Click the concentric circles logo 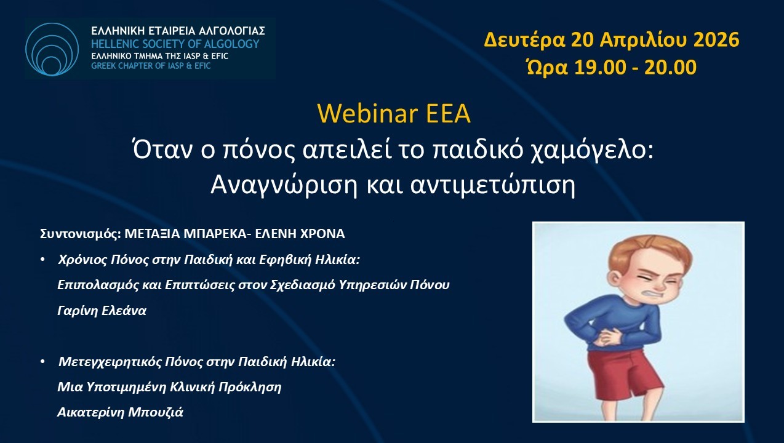52,49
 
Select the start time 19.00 600,67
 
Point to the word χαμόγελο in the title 591,151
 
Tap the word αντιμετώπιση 493,185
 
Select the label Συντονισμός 81,234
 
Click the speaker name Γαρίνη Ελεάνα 102,311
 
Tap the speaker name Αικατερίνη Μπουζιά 120,412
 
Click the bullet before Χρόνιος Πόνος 42,260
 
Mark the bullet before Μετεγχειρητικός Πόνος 42,361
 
